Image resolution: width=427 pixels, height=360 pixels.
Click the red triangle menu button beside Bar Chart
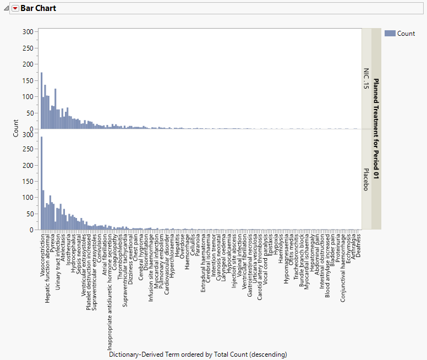pos(15,9)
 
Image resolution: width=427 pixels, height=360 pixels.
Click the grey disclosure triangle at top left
pos(6,9)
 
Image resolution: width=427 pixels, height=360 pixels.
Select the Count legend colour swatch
pos(390,34)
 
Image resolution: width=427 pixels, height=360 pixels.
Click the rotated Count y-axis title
pos(16,129)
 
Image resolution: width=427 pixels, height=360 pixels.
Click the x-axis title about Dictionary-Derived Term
pos(198,354)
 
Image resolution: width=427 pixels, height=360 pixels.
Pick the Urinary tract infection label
pos(58,264)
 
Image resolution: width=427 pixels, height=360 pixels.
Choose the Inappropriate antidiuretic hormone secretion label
pos(110,292)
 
